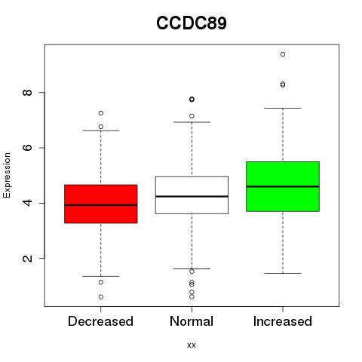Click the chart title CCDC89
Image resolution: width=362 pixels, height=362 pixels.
(192, 23)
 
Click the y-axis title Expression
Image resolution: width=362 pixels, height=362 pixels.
(7, 175)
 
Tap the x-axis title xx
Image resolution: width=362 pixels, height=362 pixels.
(192, 345)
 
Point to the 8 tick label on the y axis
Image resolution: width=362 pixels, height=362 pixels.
(27, 92)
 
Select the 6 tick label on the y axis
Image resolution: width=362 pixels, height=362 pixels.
(27, 148)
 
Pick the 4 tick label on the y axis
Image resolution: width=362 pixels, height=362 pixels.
(27, 203)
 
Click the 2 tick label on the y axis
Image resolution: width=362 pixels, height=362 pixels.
(27, 258)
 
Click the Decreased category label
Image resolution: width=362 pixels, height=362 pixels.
(100, 321)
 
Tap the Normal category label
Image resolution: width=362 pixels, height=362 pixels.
(192, 321)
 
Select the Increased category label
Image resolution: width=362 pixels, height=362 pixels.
(283, 321)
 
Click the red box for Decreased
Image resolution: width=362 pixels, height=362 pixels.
(101, 204)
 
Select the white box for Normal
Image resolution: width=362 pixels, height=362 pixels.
(192, 195)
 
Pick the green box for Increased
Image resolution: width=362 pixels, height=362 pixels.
(283, 186)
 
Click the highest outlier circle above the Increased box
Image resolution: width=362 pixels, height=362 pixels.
(283, 54)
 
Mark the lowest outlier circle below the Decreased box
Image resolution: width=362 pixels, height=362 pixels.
(101, 297)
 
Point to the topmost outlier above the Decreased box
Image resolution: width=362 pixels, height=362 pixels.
(101, 113)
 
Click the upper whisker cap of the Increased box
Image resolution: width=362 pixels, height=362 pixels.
(283, 108)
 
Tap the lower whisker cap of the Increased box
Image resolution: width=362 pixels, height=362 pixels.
(283, 273)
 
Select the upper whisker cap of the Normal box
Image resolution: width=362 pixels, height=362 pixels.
(192, 122)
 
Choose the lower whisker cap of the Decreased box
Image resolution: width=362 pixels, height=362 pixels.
(101, 276)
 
